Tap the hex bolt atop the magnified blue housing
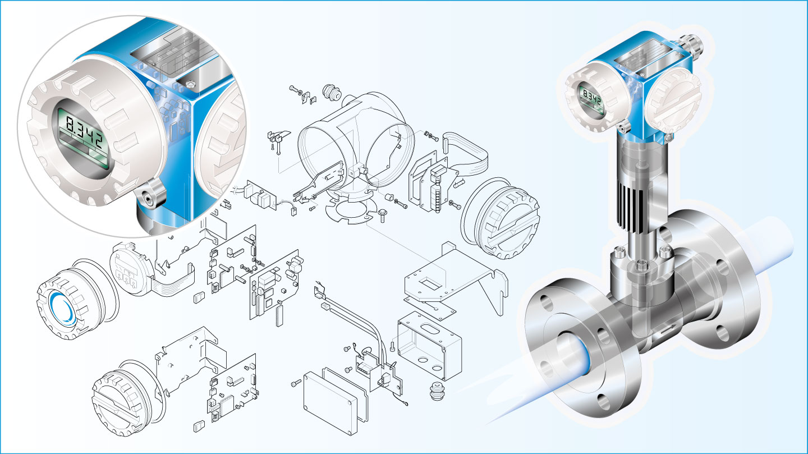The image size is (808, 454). tap(190, 84)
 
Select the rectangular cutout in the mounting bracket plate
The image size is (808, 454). tap(431, 283)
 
